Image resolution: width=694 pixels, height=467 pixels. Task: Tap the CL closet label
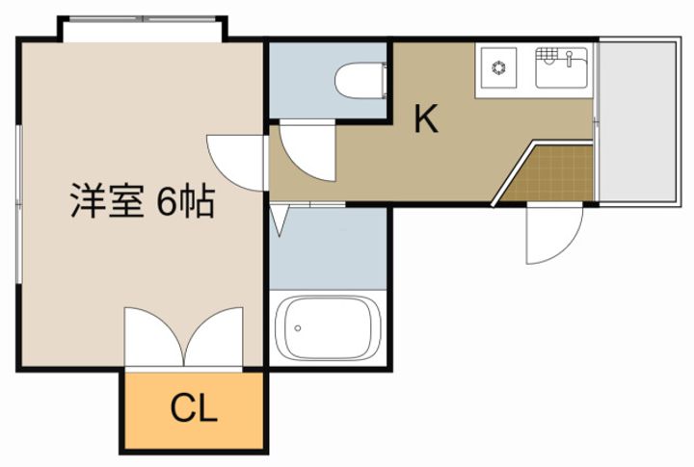pos(194,410)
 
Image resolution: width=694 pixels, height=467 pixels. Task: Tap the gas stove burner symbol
pos(500,67)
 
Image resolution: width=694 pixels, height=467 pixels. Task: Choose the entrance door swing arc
pos(554,237)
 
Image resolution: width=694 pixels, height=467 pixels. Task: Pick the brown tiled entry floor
pos(554,173)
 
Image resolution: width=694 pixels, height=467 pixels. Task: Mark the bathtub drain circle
pos(298,328)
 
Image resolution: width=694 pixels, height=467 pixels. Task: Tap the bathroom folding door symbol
pos(280,221)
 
